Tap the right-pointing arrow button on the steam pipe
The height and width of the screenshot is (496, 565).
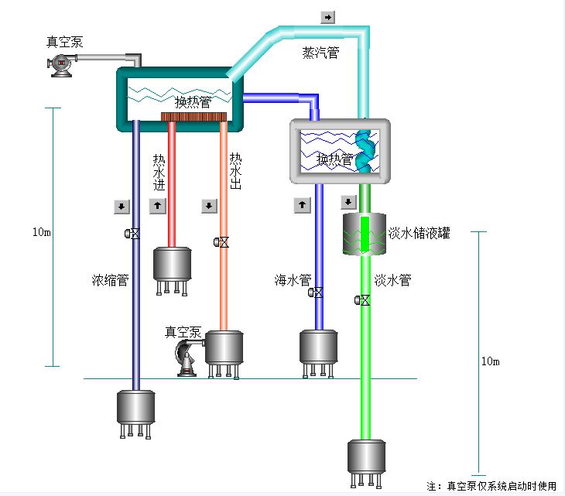[327, 17]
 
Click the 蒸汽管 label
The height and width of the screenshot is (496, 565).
[320, 53]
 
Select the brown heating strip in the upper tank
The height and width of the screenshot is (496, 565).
[193, 117]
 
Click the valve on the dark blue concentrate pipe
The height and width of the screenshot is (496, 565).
[134, 233]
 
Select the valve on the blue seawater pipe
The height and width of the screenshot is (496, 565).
[317, 292]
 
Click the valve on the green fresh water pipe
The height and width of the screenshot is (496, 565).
[361, 300]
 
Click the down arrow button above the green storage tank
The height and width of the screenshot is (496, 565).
[348, 203]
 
